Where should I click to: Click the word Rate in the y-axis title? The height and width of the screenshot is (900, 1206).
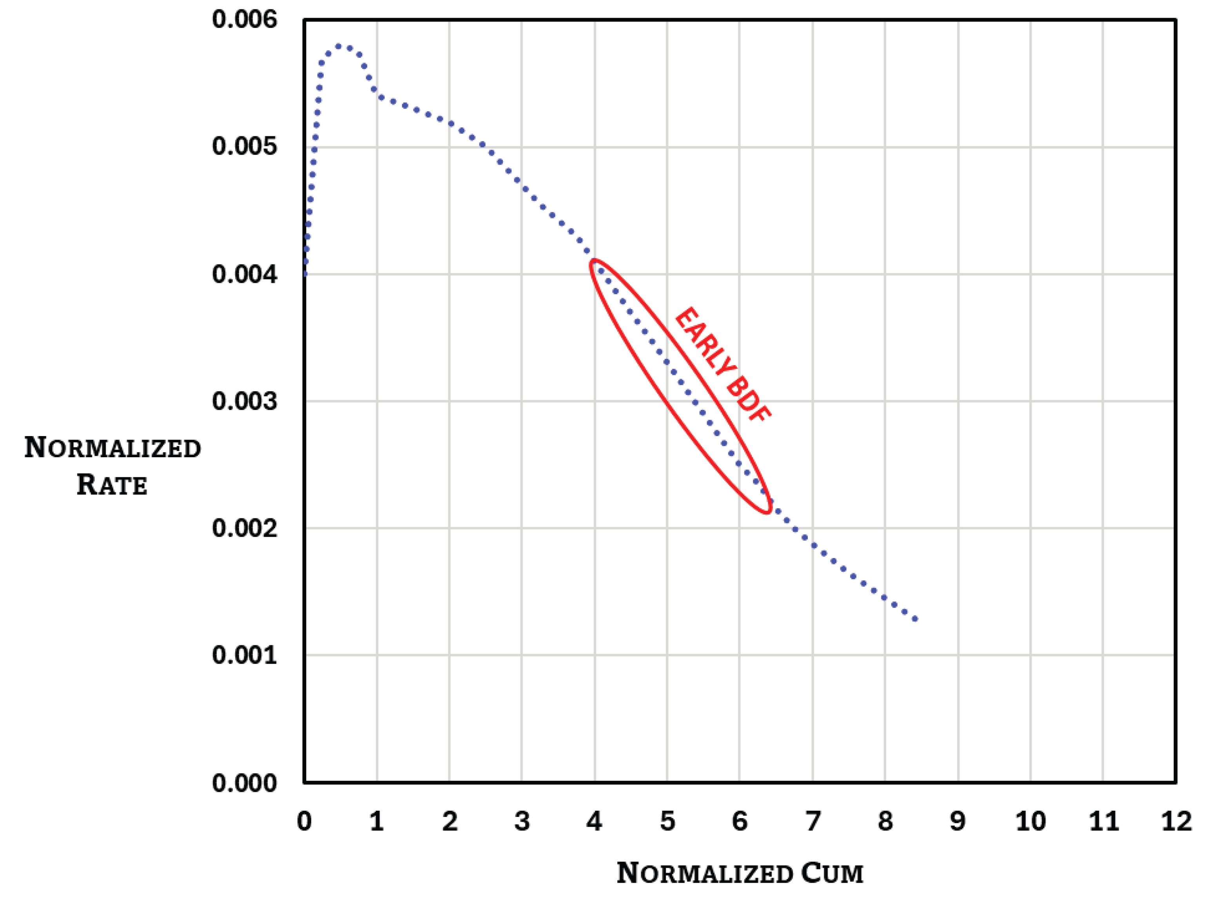point(112,484)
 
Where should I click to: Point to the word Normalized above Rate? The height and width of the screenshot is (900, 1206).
point(113,448)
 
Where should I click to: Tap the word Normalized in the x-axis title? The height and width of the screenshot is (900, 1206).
point(705,873)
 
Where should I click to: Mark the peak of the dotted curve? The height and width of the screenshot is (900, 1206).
point(338,46)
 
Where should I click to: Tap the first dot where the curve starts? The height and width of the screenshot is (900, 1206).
point(305,274)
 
